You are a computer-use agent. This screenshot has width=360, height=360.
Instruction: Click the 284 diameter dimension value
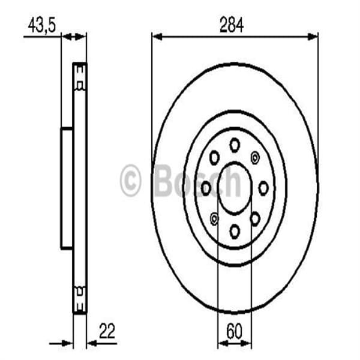click(235, 26)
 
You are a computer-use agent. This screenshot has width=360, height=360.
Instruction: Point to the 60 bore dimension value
click(235, 331)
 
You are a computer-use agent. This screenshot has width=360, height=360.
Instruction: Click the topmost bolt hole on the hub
click(235, 144)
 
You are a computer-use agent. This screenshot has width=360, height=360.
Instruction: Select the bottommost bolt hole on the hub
click(235, 230)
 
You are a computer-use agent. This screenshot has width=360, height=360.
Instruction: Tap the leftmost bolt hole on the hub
click(206, 188)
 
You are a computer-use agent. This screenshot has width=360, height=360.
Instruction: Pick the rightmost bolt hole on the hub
click(263, 188)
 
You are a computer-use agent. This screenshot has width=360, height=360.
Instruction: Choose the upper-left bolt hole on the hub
click(214, 158)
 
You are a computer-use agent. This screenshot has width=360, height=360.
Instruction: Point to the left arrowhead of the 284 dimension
click(155, 37)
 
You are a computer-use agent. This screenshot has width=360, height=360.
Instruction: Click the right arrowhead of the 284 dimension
click(314, 37)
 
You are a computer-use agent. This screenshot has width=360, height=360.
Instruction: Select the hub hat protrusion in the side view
click(66, 188)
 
